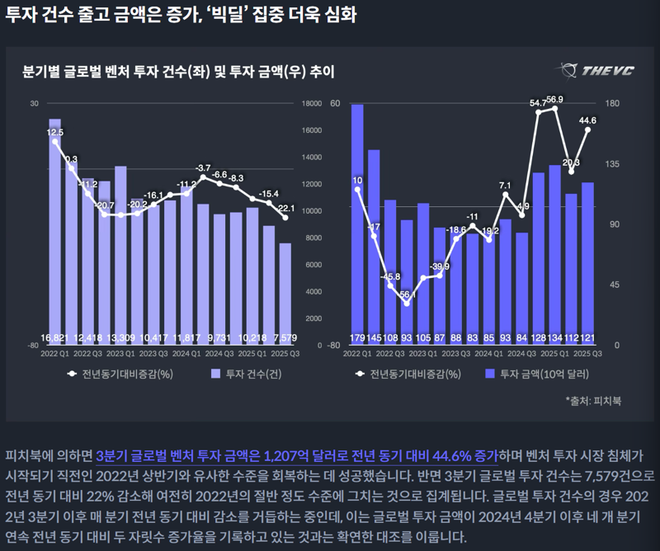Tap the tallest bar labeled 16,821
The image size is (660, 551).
55,231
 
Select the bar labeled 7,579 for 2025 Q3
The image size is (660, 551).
285,293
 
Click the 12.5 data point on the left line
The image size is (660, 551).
55,142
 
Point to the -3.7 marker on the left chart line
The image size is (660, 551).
203,177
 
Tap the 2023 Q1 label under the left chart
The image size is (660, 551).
120,352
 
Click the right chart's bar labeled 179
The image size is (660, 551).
357,223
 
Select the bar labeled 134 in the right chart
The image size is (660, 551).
555,252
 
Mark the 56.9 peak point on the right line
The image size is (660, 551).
555,109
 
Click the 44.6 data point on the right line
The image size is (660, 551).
588,130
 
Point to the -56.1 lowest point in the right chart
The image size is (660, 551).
407,304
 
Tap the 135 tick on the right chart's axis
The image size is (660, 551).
614,164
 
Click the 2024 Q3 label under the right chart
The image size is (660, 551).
523,352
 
